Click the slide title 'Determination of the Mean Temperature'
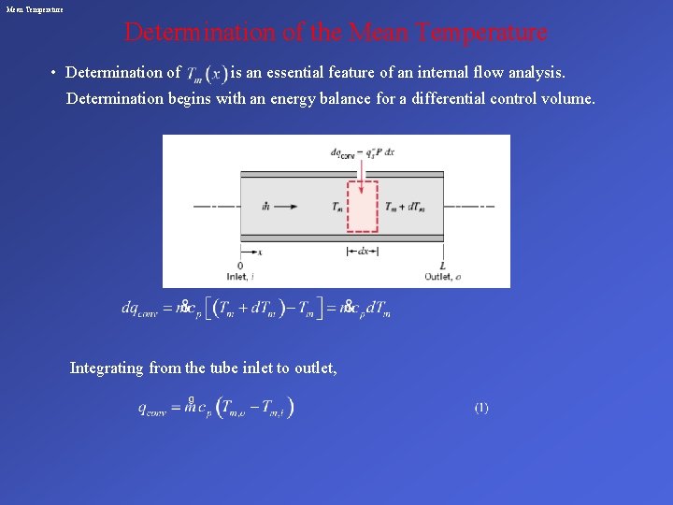coord(336,33)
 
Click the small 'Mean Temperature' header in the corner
coord(35,8)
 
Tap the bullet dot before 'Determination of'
coord(55,73)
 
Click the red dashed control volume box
coord(363,207)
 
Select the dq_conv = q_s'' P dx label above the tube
coord(363,151)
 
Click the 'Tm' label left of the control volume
coord(336,207)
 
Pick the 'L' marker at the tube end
coord(442,266)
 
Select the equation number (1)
coord(480,408)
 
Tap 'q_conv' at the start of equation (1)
coord(154,409)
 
